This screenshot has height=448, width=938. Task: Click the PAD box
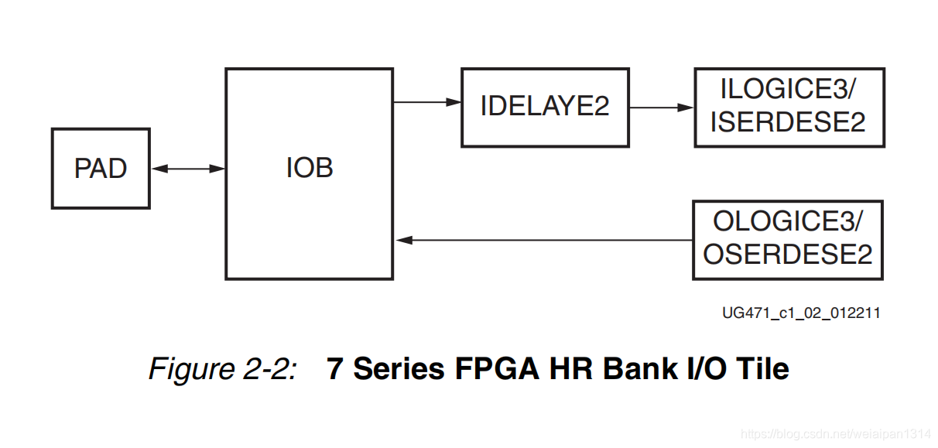point(101,169)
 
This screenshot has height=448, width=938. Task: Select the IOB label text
point(310,168)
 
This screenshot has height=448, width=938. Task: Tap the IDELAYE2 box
point(545,107)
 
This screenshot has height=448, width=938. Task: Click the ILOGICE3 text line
point(788,90)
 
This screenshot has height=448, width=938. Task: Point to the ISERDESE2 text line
point(788,121)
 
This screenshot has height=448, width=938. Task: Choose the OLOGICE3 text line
point(787,221)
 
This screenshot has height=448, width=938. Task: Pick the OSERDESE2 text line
point(787,254)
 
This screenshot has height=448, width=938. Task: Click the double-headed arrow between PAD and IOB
point(187,169)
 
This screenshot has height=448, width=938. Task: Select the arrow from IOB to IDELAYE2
point(426,101)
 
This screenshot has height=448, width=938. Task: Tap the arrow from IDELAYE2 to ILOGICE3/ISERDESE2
point(661,108)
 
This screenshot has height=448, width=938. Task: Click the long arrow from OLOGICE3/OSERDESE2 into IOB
point(542,241)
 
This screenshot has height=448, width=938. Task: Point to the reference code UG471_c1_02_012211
point(801,313)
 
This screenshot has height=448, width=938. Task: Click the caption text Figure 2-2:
point(223,368)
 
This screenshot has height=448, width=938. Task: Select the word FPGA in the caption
point(496,368)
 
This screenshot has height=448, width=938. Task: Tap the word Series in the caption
point(399,368)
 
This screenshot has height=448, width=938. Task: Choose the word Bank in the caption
point(638,368)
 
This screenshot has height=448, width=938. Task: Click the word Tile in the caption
point(762,368)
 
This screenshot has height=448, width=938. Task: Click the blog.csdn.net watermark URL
point(836,435)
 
